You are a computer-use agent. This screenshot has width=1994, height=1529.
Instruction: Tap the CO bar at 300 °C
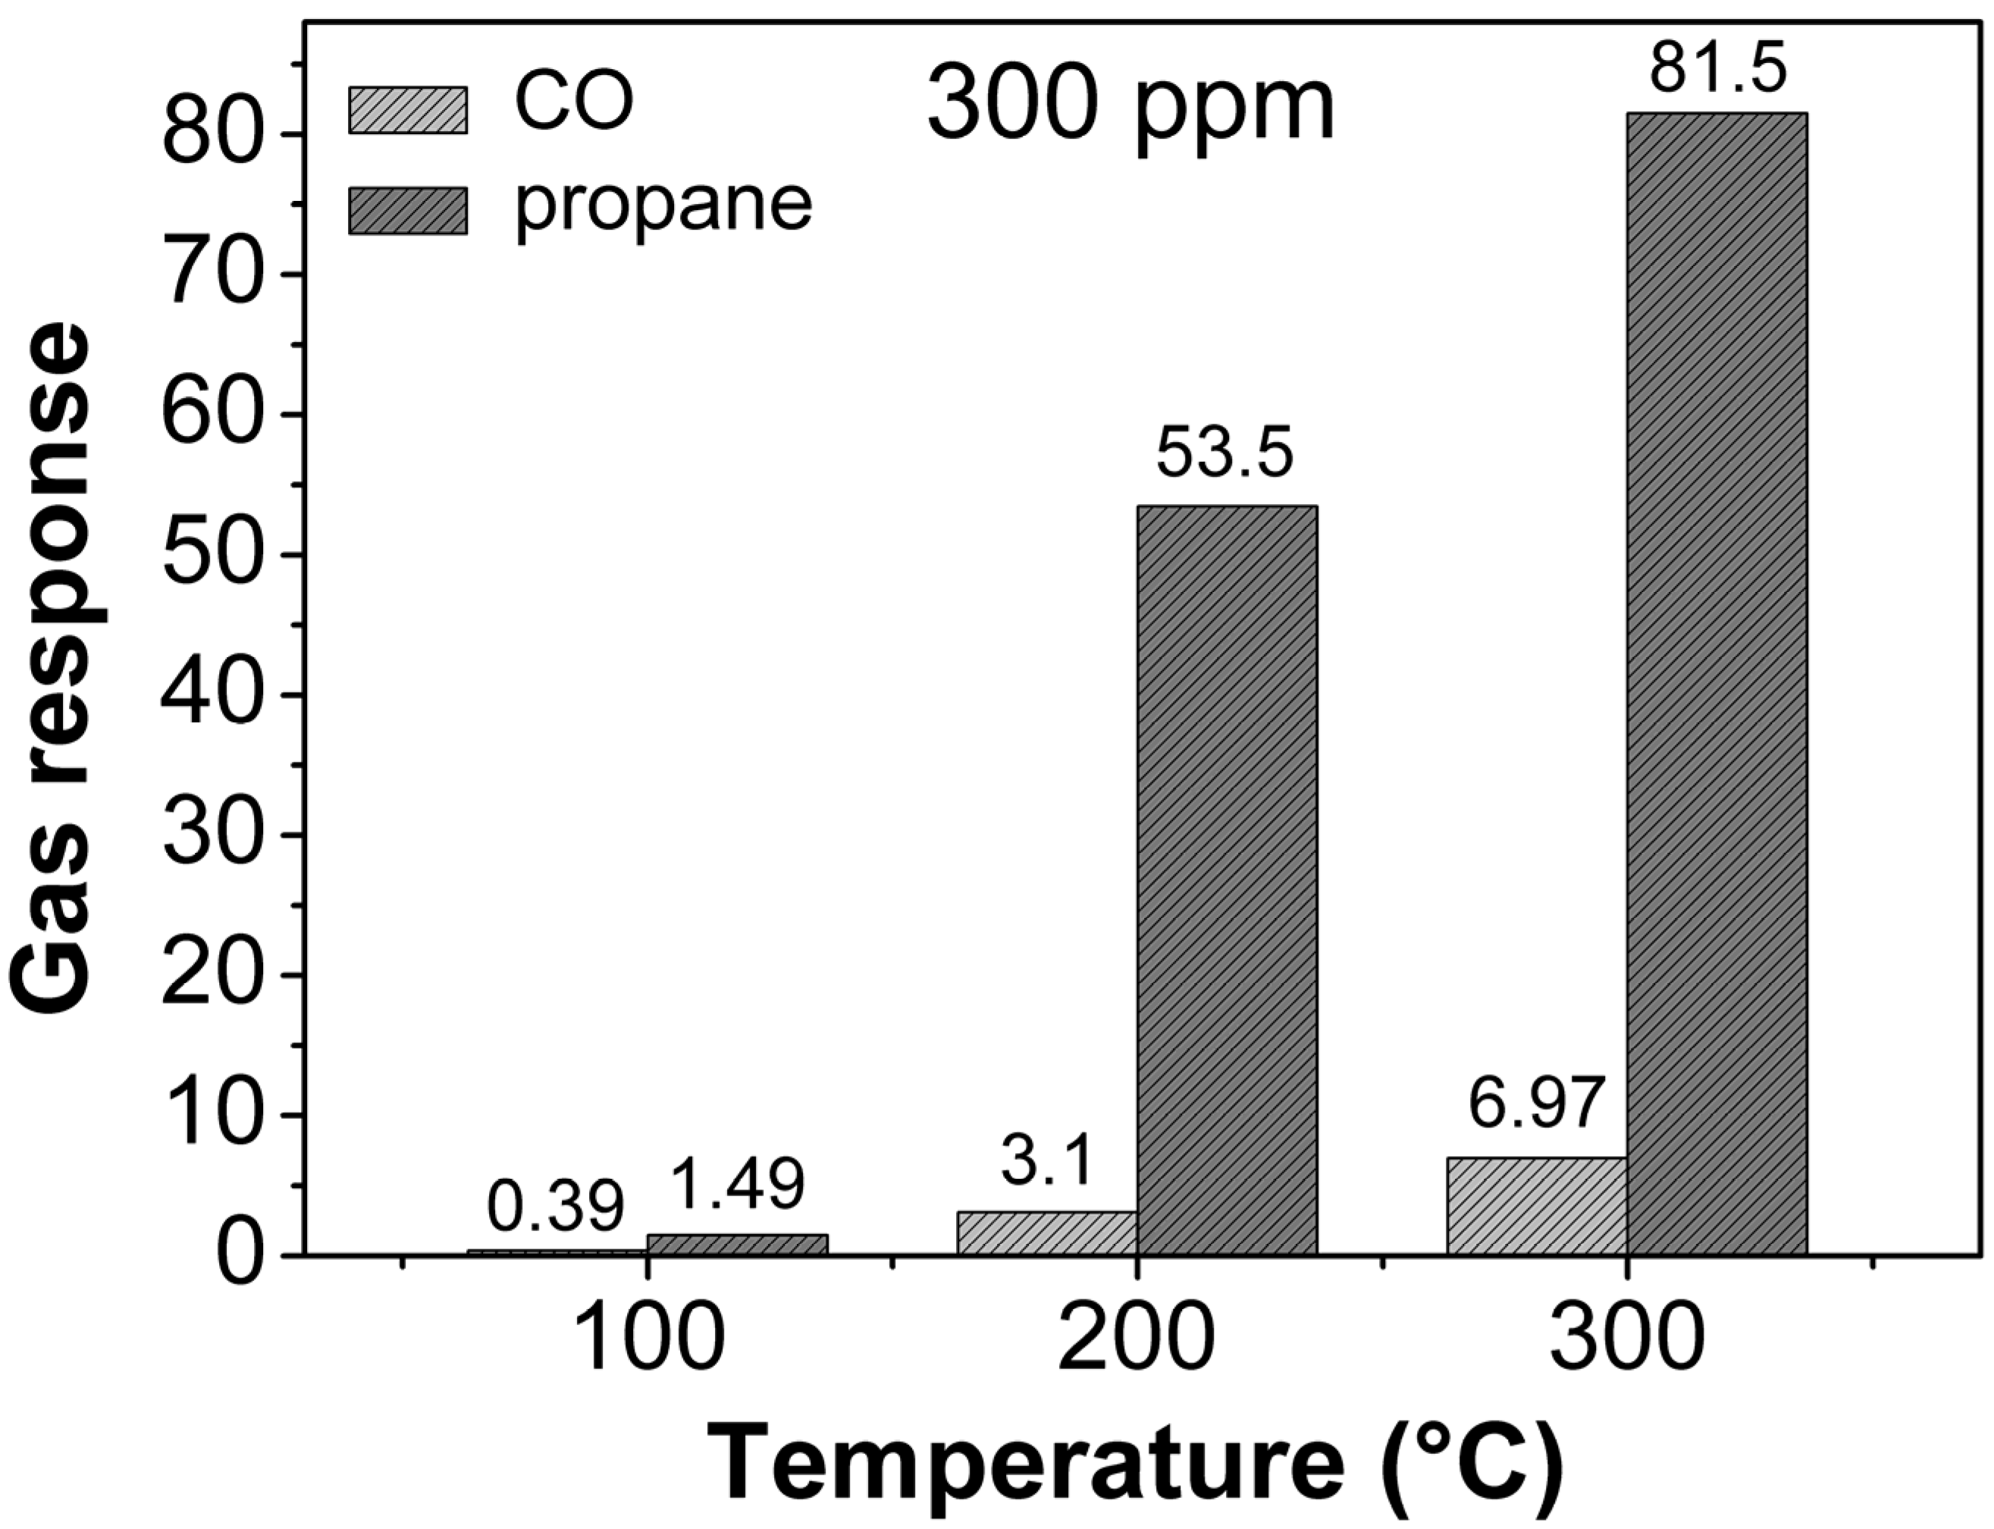coord(1536,1206)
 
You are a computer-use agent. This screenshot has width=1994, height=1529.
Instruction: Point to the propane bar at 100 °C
coord(737,1244)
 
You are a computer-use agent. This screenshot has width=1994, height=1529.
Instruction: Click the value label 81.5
coord(1718,71)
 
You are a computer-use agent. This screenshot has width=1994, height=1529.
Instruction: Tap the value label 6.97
coord(1535,1106)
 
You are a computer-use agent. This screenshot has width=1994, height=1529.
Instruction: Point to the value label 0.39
coord(555,1208)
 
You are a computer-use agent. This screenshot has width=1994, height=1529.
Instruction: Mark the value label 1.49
coord(737,1184)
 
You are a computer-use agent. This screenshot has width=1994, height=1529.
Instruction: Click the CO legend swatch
coord(408,110)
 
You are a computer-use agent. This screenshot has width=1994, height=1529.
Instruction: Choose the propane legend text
coord(663,205)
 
